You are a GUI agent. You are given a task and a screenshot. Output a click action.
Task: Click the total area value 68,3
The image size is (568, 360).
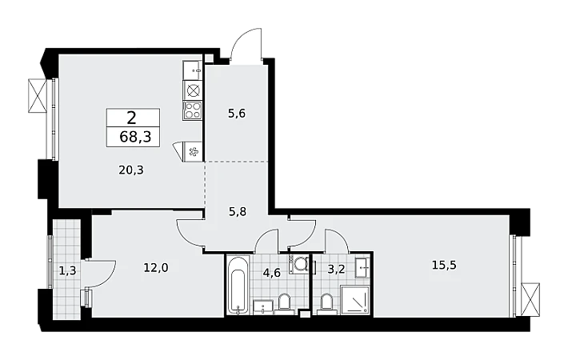[135, 138]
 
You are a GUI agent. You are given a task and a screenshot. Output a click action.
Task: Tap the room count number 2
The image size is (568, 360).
[131, 118]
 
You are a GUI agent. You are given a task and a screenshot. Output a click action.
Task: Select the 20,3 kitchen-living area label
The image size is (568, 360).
[131, 170]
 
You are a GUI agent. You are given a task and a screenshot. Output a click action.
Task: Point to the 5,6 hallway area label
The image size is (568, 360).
[237, 114]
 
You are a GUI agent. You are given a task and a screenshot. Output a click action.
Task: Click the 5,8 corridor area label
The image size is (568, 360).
[238, 211]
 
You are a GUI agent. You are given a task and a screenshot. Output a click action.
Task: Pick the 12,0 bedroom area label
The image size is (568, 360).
[156, 268]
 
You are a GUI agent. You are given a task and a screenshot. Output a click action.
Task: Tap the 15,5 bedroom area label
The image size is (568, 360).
[444, 265]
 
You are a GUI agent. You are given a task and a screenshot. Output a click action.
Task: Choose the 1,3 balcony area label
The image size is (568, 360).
[68, 270]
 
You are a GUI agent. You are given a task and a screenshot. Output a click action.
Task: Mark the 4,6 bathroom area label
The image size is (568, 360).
[272, 272]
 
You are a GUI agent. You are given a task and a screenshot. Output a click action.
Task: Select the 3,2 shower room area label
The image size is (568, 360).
[336, 270]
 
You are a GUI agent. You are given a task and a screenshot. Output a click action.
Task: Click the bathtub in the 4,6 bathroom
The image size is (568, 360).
[238, 285]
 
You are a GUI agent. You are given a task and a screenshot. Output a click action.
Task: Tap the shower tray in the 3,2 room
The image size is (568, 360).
[355, 300]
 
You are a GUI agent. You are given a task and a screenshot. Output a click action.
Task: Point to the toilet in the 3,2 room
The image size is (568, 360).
[326, 303]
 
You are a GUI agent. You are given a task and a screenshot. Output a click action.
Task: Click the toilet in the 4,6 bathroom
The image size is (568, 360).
[284, 303]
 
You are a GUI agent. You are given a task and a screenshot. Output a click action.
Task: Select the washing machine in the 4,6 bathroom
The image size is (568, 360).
[299, 264]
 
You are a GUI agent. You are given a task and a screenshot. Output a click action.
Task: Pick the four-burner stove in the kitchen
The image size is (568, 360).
[192, 110]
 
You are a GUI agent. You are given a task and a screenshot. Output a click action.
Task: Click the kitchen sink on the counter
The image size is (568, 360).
[192, 70]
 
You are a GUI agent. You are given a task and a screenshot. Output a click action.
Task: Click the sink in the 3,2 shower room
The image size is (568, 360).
[362, 268]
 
